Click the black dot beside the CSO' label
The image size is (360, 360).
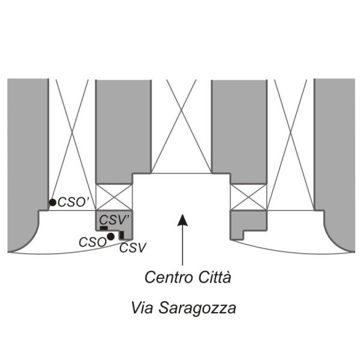pyautogui.click(x=53, y=203)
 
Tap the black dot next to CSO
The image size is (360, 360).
pyautogui.click(x=110, y=236)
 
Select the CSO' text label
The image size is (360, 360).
pyautogui.click(x=73, y=202)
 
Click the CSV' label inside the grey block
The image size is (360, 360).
pyautogui.click(x=114, y=220)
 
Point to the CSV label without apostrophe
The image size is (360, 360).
pyautogui.click(x=133, y=248)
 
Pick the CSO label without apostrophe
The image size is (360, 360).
pyautogui.click(x=92, y=242)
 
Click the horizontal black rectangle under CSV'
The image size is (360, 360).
pyautogui.click(x=104, y=228)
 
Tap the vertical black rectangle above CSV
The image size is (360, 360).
pyautogui.click(x=122, y=235)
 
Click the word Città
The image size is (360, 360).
pyautogui.click(x=214, y=277)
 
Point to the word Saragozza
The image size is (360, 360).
pyautogui.click(x=197, y=308)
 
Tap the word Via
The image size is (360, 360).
pyautogui.click(x=142, y=308)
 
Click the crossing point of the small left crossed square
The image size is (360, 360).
pyautogui.click(x=114, y=197)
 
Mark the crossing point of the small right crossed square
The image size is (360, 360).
pyautogui.click(x=248, y=197)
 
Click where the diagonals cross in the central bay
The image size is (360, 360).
pyautogui.click(x=181, y=110)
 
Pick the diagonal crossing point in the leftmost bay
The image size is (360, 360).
pyautogui.click(x=73, y=133)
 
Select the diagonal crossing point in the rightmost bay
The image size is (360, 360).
pyautogui.click(x=290, y=133)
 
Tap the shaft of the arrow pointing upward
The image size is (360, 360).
pyautogui.click(x=182, y=245)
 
